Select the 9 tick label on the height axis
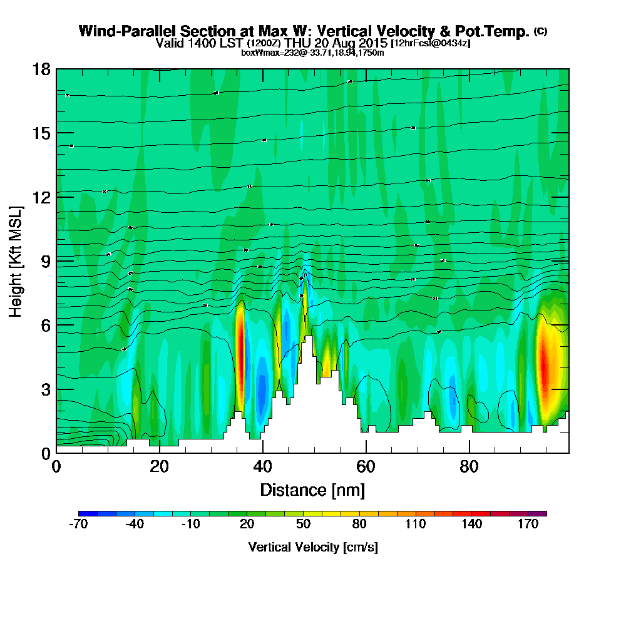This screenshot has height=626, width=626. [x=44, y=260]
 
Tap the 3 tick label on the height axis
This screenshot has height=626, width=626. [x=44, y=389]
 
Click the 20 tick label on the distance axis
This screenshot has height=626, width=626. [x=160, y=467]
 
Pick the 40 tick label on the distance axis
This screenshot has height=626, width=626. [x=263, y=467]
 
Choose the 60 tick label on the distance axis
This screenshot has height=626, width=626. [x=366, y=467]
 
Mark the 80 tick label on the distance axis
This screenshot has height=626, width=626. [x=469, y=467]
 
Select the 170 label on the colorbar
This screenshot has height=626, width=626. [x=528, y=525]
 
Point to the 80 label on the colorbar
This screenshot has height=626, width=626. [x=360, y=525]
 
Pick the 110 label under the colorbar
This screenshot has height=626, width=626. [x=416, y=525]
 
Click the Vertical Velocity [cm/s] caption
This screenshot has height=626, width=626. [x=312, y=547]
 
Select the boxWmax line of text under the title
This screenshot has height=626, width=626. [x=312, y=52]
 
